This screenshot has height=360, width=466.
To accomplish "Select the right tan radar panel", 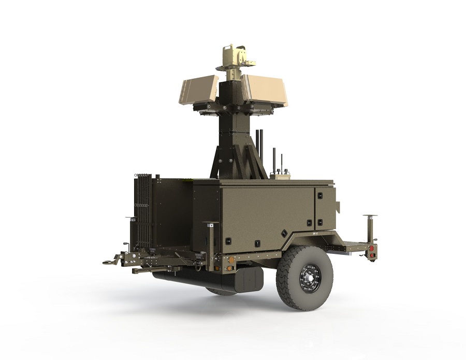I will [x=264, y=90].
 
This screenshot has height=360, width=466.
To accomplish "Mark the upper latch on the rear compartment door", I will [x=319, y=196].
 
